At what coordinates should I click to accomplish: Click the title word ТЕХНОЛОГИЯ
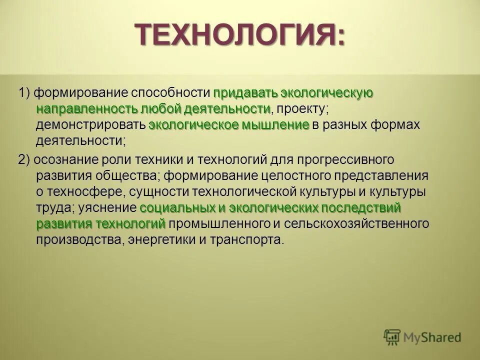(235, 35)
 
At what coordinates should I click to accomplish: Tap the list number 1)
(25, 93)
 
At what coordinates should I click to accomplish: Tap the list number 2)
(25, 159)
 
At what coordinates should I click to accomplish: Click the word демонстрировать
(90, 125)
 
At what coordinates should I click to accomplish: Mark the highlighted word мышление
(276, 125)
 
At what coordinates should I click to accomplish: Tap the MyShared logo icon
(392, 337)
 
